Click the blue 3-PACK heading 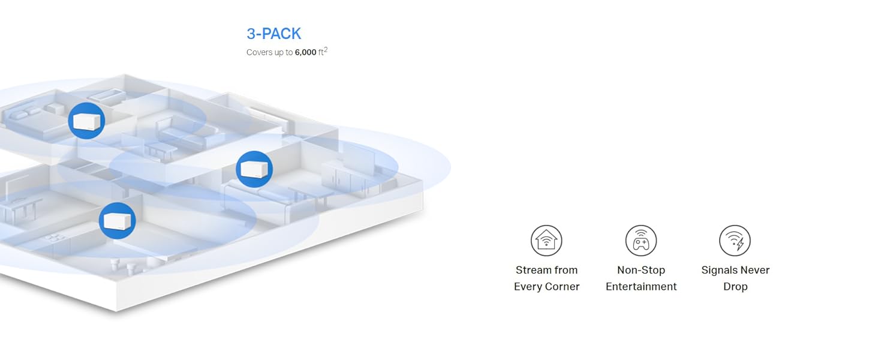tap(273, 34)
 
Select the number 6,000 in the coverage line tap(305, 53)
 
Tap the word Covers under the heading tap(259, 53)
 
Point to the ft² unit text tap(323, 52)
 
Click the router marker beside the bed tap(86, 121)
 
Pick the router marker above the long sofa tap(254, 169)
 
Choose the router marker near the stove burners tap(117, 220)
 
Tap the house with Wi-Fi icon tap(546, 241)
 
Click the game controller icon tap(641, 241)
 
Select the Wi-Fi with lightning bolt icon tap(735, 241)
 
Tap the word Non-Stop tap(641, 270)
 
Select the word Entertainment tap(641, 287)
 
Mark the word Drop tap(735, 287)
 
